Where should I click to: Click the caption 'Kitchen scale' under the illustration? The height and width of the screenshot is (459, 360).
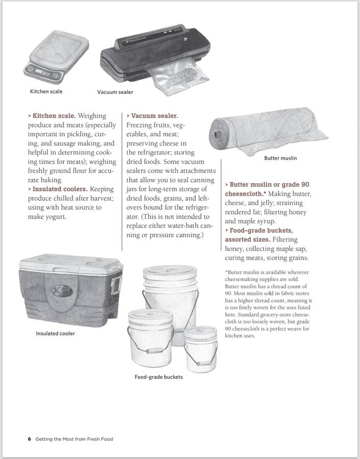pyautogui.click(x=46, y=92)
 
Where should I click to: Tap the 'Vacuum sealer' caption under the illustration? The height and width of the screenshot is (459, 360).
pyautogui.click(x=115, y=92)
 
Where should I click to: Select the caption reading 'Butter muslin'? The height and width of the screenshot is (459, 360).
pyautogui.click(x=280, y=158)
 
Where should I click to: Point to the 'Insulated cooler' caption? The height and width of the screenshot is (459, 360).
pyautogui.click(x=55, y=334)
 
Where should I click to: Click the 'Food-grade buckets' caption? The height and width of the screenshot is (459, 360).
pyautogui.click(x=159, y=377)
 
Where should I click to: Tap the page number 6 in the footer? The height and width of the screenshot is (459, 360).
pyautogui.click(x=30, y=439)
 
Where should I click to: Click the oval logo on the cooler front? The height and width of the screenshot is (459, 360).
pyautogui.click(x=61, y=293)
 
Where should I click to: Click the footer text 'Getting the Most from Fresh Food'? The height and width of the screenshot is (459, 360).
pyautogui.click(x=74, y=439)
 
